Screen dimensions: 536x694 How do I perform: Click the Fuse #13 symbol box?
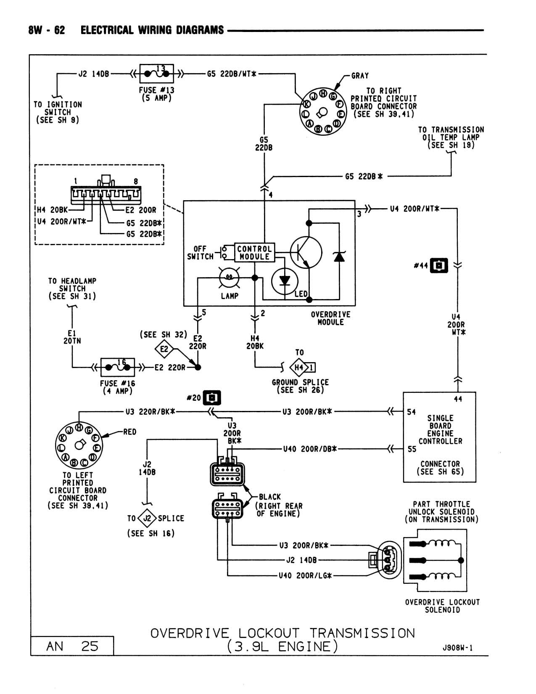(x=156, y=74)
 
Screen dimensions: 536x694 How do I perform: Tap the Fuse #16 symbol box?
(x=117, y=367)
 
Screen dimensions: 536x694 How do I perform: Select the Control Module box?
(x=254, y=253)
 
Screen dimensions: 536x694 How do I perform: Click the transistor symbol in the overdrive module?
(x=306, y=252)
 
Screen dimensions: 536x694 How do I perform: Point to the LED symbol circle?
(x=285, y=281)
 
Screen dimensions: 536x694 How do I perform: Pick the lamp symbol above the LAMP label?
(x=229, y=277)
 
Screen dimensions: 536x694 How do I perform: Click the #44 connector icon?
(x=439, y=265)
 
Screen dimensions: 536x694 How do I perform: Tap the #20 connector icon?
(x=212, y=398)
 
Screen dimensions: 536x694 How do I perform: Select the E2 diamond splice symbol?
(x=164, y=349)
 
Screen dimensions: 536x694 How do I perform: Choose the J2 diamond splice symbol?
(x=147, y=518)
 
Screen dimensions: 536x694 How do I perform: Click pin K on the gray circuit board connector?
(x=306, y=104)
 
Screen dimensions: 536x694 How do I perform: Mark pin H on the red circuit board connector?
(x=79, y=427)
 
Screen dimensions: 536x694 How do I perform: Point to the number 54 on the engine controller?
(x=411, y=412)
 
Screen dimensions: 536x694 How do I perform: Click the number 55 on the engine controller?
(x=412, y=449)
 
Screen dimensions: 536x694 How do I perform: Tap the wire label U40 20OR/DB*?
(x=310, y=449)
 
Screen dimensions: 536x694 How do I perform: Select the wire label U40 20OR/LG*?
(x=306, y=575)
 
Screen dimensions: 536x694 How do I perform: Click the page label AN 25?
(x=72, y=646)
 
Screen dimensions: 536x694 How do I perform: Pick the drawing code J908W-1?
(x=457, y=648)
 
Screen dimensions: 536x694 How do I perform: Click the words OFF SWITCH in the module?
(x=200, y=253)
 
